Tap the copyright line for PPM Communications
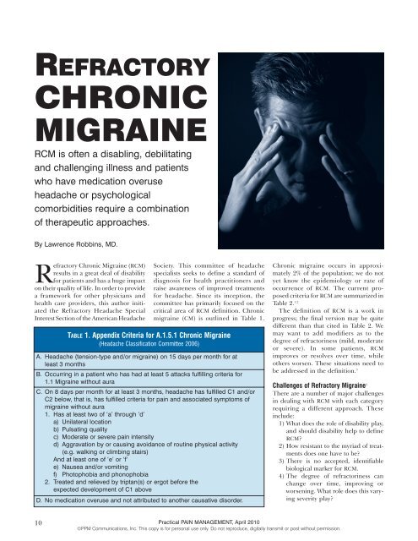pyautogui.click(x=209, y=533)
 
